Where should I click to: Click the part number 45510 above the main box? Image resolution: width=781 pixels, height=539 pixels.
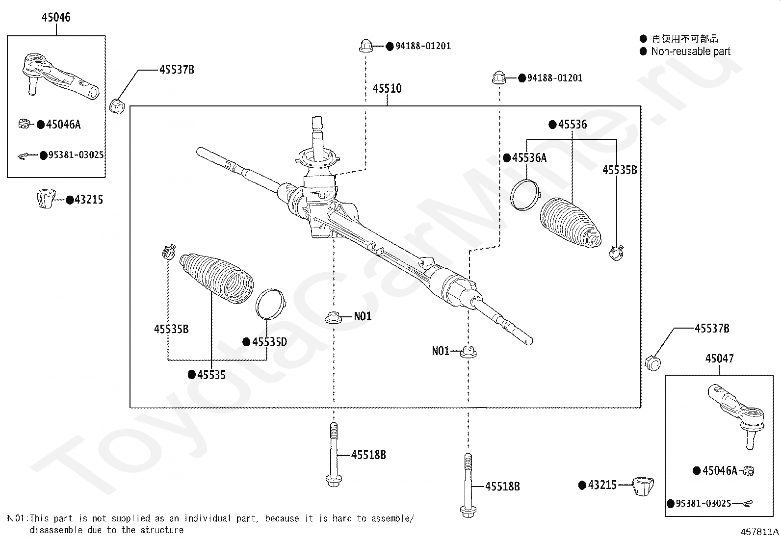pos(387,89)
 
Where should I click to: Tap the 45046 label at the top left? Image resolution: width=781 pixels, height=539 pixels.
pos(56,17)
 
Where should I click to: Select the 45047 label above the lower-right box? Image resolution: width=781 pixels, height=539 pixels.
pos(719,359)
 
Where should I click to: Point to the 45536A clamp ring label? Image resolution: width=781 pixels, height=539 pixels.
pos(529,158)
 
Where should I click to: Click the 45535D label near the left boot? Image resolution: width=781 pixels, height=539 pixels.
pos(269,342)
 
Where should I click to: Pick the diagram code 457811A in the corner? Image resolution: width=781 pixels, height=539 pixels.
pos(759,532)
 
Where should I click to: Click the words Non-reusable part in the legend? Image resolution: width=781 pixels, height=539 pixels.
pos(690,51)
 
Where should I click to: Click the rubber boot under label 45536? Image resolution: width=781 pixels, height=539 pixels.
pos(571,223)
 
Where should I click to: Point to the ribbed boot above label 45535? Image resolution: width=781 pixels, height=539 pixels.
pos(216,278)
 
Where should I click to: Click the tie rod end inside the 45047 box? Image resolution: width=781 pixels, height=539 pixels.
pos(736,415)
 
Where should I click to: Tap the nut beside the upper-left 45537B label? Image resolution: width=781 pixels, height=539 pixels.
pos(117,105)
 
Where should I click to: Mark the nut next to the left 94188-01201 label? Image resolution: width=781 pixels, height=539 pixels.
pos(366,46)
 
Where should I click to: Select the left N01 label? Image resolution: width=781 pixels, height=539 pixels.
pos(363,316)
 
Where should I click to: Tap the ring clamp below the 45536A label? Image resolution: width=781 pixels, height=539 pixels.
pos(525,195)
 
